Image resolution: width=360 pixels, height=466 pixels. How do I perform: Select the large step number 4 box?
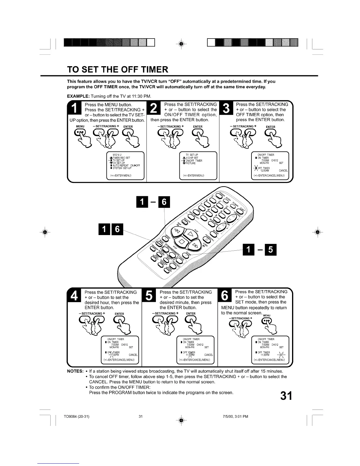[x=75, y=296]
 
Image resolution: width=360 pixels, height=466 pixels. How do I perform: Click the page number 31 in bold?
[x=286, y=396]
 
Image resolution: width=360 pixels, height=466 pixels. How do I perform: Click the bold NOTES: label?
[x=76, y=371]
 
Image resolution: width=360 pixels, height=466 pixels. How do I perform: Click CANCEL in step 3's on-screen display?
[x=283, y=171]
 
